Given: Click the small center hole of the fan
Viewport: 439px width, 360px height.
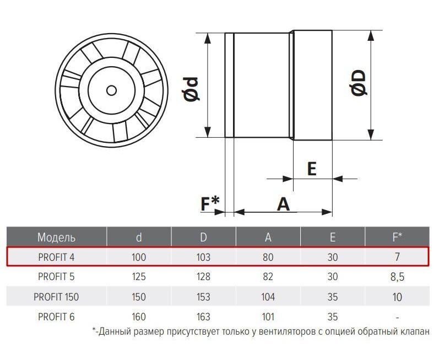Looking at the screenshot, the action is coord(111,90).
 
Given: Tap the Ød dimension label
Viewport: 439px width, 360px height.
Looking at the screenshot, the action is coord(191,89).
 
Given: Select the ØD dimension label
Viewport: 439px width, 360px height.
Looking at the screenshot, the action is coord(359,83).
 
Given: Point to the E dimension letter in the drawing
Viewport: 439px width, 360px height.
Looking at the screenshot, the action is coord(312,169).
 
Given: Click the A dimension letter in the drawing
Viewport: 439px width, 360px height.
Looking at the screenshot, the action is coord(283,204).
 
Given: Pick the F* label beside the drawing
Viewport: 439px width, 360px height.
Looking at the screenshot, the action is coord(210,203).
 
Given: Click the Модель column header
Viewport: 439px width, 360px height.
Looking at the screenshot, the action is coord(57,237).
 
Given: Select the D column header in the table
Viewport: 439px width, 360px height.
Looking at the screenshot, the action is coord(204,237).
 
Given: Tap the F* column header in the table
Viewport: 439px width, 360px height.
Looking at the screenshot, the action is coord(397,237).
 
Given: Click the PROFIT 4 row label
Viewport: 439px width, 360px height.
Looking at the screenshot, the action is coord(56,257).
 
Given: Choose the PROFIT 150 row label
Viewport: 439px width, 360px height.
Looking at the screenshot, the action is coord(56,297).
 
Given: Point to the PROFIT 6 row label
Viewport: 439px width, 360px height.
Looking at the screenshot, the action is coord(56,316).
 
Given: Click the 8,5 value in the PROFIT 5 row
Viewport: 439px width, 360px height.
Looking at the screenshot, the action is coord(397,277).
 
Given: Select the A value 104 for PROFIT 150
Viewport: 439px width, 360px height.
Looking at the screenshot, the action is coord(268,297).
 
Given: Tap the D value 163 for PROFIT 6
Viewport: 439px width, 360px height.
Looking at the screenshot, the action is coord(204,316).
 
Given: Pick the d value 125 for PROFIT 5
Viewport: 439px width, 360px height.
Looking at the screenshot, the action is coord(139,277).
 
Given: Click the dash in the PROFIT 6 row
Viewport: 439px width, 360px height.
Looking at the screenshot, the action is coord(397,318).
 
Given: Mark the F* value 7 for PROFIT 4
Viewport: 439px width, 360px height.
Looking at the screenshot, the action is coord(397,257).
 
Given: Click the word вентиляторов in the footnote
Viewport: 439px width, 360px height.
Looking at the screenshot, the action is coord(288,332).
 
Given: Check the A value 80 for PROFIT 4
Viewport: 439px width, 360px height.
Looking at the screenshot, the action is coord(268,257).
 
